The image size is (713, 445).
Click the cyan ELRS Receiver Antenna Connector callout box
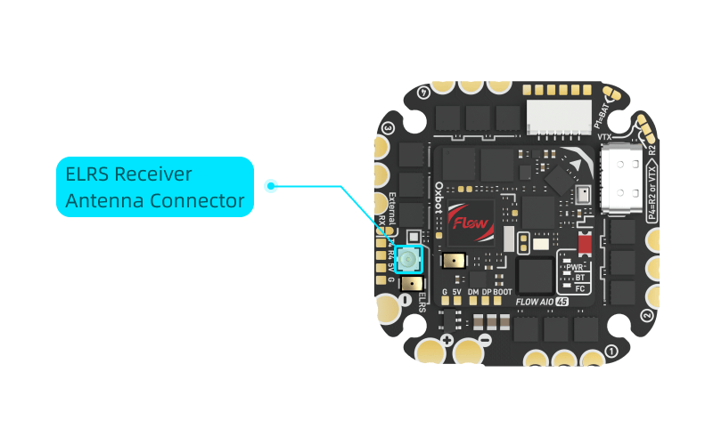[x=155, y=187]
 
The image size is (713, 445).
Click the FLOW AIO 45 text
[x=542, y=302]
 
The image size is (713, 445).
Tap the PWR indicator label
[x=574, y=266]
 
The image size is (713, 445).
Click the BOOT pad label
[x=503, y=292]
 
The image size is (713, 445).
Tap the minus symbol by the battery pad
[x=485, y=340]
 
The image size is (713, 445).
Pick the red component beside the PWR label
[x=585, y=243]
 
